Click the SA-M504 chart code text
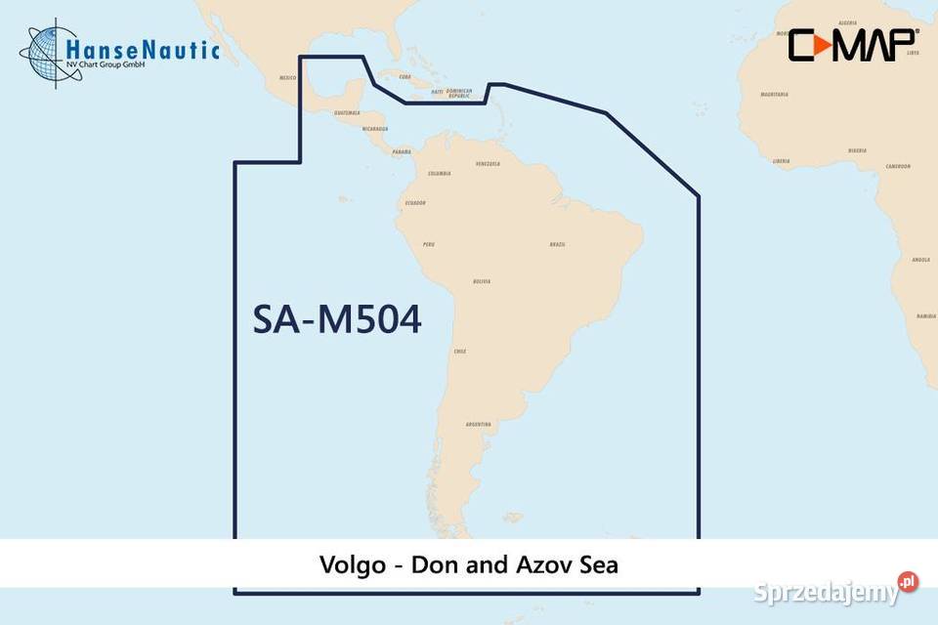point(337,319)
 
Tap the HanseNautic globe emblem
point(45,53)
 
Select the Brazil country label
point(557,244)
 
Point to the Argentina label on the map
point(479,425)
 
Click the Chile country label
point(459,352)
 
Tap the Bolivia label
point(481,281)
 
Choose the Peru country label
point(428,244)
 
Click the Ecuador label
point(414,203)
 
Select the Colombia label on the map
point(439,174)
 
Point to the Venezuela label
point(488,164)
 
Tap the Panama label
point(401,152)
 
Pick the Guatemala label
point(347,112)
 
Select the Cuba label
point(405,76)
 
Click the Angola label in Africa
point(920,260)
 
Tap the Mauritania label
point(774,95)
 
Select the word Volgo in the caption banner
point(350,564)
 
